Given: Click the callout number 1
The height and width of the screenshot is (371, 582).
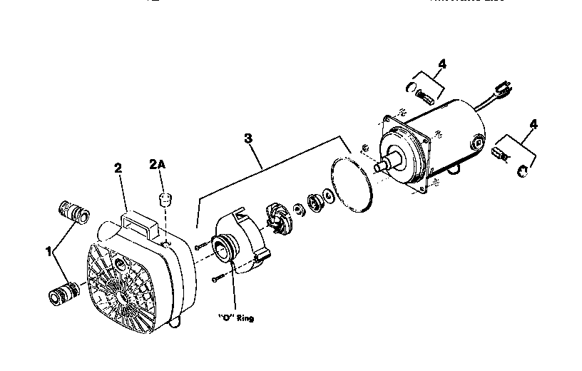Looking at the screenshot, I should pos(49,252).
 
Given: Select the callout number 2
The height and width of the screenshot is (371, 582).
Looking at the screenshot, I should pos(118,168).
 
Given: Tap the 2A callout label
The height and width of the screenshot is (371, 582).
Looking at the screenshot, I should pos(157,164).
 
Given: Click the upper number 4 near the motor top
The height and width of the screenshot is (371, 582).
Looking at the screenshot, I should pos(442,65).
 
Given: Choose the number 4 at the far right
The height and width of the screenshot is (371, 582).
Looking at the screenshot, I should pos(533,124).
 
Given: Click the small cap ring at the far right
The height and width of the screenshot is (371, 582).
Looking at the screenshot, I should pos(522,169).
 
